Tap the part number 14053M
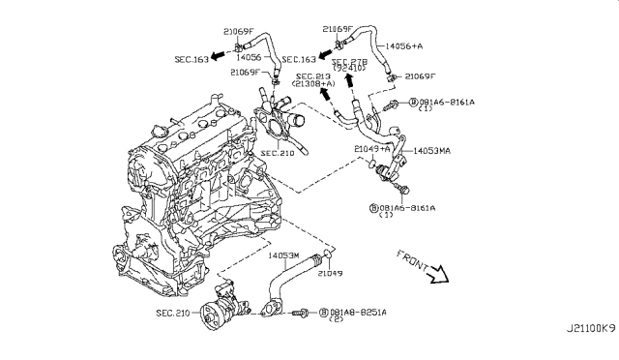click(282, 255)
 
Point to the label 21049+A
click(372, 147)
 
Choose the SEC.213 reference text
click(313, 76)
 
